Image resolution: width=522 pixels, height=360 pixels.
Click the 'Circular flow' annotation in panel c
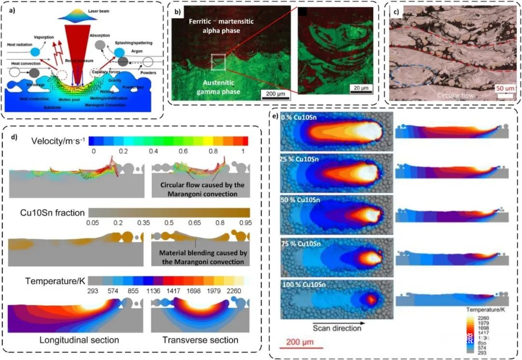point(456,95)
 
